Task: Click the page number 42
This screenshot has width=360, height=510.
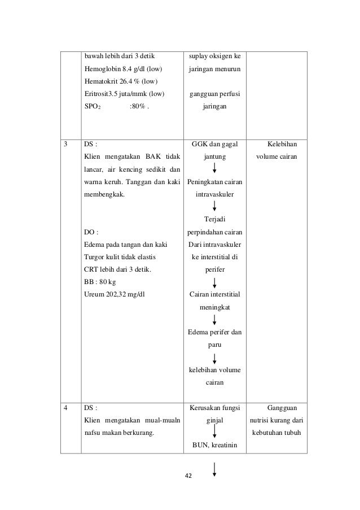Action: pyautogui.click(x=188, y=475)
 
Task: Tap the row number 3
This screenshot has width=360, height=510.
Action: pyautogui.click(x=67, y=144)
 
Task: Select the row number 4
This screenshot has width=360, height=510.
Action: pyautogui.click(x=67, y=407)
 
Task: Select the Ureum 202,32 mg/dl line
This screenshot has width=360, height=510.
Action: pyautogui.click(x=116, y=294)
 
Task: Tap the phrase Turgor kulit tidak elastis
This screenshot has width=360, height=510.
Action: pyautogui.click(x=120, y=256)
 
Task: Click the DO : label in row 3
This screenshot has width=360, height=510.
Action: pyautogui.click(x=91, y=231)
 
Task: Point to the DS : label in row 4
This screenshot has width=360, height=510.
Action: pyautogui.click(x=90, y=407)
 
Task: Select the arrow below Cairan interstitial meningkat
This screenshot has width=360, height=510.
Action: pyautogui.click(x=215, y=320)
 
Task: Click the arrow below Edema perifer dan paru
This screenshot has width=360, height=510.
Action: pyautogui.click(x=215, y=358)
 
